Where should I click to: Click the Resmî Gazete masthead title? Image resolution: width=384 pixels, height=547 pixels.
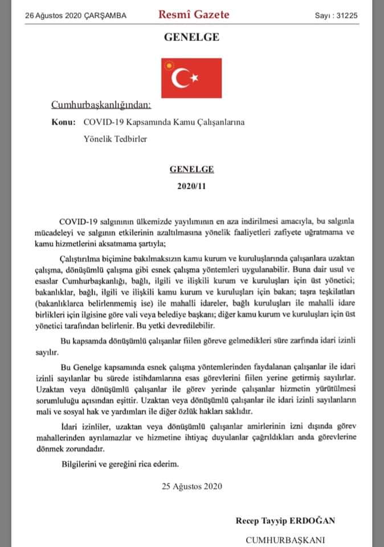[194, 15]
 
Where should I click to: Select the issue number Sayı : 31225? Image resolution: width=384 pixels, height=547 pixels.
[336, 16]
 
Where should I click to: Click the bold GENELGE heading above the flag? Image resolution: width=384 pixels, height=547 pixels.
[191, 38]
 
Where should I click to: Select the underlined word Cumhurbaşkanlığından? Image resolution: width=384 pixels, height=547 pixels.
[101, 105]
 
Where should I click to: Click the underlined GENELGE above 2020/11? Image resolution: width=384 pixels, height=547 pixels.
[191, 170]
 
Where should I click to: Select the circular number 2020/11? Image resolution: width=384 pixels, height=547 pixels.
[191, 186]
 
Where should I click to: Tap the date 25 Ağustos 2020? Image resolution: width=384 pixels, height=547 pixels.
[191, 486]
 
